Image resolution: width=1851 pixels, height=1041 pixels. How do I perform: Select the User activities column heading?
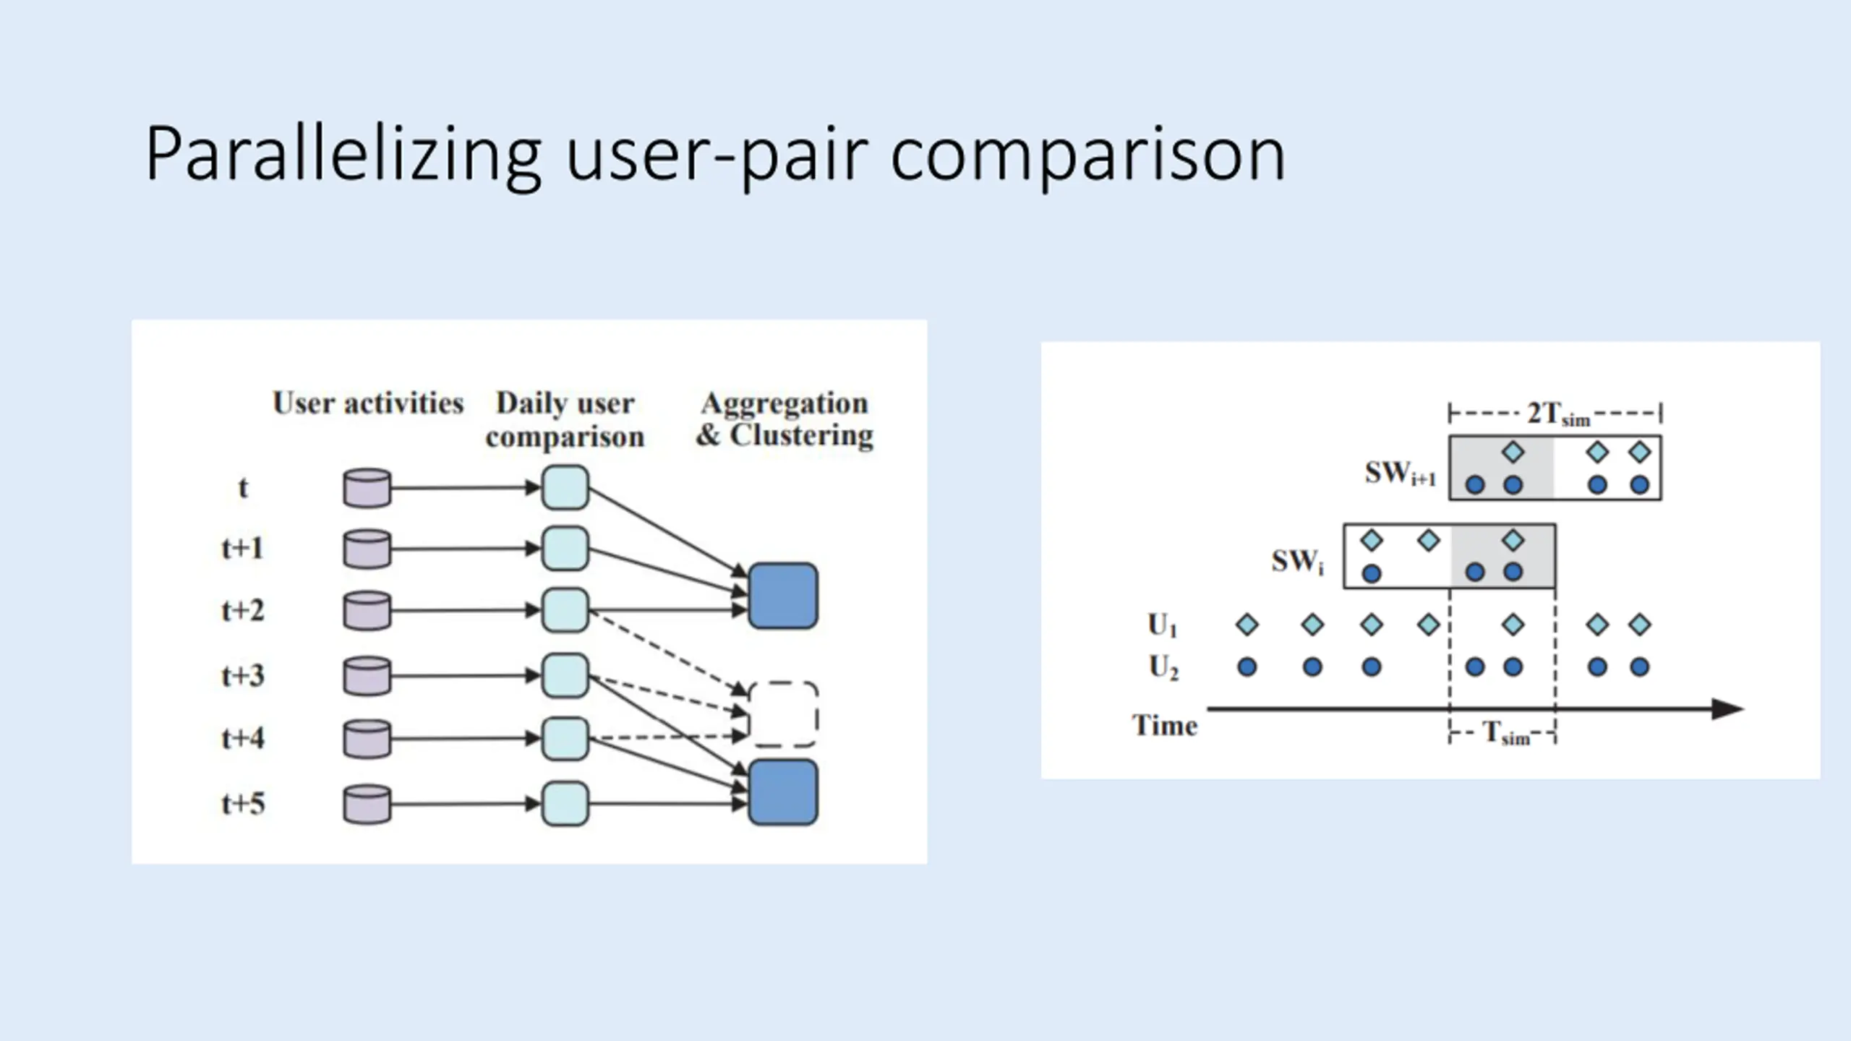[368, 403]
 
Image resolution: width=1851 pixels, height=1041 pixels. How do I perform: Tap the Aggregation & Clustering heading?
[785, 419]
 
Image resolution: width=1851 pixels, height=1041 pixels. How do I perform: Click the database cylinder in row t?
[367, 488]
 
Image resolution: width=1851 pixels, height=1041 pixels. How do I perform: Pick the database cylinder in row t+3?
[367, 676]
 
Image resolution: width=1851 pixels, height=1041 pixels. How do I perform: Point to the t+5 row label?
[243, 803]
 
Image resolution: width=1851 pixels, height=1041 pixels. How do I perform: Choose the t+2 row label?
[243, 610]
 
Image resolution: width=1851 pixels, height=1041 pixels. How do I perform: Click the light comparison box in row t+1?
[565, 549]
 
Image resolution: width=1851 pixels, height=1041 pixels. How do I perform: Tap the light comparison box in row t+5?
[565, 803]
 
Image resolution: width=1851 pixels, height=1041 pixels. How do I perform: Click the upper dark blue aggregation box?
[784, 596]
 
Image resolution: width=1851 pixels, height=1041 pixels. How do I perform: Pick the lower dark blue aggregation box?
[784, 792]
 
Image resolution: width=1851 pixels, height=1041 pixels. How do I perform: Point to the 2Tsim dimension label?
[1558, 414]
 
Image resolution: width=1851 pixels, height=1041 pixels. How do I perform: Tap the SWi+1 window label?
[1401, 474]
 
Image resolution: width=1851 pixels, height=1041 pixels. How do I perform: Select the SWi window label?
[1298, 562]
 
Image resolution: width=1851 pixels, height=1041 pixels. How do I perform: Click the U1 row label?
[1163, 625]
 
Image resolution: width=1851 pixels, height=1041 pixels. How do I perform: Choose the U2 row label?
[1163, 667]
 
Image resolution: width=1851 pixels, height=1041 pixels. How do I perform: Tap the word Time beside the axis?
[1165, 725]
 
